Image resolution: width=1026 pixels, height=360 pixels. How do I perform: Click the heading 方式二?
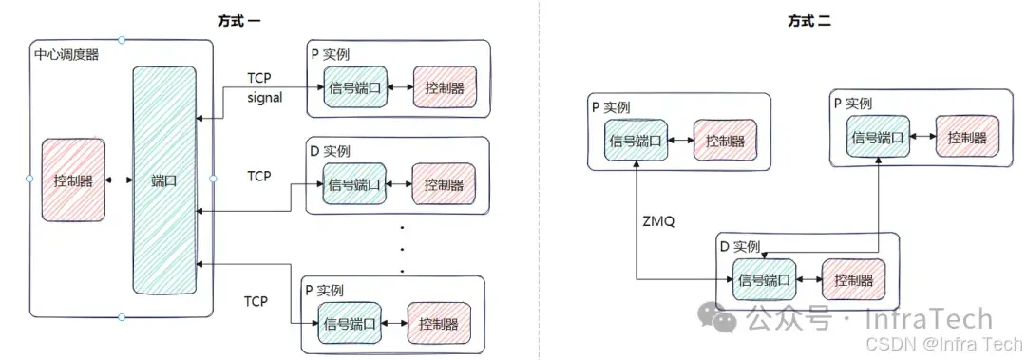click(809, 21)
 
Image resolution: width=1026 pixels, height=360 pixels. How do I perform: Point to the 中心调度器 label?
click(66, 54)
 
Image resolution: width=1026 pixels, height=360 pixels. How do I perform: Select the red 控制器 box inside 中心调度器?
click(73, 180)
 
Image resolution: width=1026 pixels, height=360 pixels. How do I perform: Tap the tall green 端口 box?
click(164, 180)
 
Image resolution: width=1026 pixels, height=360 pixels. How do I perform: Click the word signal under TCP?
click(265, 97)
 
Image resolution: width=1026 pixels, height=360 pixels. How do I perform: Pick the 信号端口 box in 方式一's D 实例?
click(354, 184)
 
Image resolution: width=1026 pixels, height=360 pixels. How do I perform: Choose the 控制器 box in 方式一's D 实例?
click(443, 184)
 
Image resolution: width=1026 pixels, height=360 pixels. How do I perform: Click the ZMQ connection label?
click(658, 221)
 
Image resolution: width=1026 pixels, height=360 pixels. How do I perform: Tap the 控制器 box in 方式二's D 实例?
click(853, 280)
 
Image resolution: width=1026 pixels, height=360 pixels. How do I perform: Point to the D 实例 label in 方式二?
click(740, 246)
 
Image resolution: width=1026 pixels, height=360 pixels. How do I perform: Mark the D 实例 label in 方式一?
click(330, 151)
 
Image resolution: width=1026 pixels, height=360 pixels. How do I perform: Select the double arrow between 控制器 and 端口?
click(119, 180)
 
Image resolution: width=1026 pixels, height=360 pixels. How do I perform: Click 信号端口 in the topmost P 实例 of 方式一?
click(354, 88)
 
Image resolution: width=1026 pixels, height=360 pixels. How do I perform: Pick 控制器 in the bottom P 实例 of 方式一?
click(437, 324)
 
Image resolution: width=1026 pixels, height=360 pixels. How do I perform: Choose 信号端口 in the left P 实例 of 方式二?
click(636, 141)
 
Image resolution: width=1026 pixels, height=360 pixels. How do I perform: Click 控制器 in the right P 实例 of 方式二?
click(966, 137)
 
